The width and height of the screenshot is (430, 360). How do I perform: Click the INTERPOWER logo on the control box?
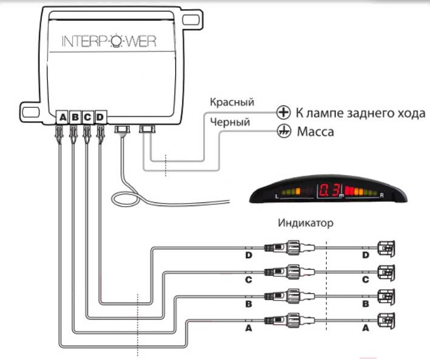point(109,42)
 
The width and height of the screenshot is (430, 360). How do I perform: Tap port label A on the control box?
point(63,117)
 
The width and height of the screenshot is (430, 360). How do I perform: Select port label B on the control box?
point(75,117)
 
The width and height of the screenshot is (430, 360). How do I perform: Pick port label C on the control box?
point(87,117)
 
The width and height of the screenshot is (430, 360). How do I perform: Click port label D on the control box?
point(100,117)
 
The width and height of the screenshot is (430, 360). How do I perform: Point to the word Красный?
point(232,102)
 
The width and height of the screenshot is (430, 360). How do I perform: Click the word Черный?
point(230,122)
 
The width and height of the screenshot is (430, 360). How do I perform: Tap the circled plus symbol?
point(283,112)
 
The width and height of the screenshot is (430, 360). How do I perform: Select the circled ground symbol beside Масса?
point(284,132)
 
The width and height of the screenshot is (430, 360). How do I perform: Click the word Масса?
point(315,132)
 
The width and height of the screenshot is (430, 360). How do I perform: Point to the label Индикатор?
point(306,222)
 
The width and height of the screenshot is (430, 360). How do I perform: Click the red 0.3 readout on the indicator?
point(331,190)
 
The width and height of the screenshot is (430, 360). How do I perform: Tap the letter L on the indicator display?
point(277,196)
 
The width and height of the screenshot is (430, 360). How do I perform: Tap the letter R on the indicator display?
point(381,196)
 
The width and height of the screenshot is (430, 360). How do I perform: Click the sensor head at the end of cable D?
point(386,248)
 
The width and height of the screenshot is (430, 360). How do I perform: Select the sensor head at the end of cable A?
point(386,320)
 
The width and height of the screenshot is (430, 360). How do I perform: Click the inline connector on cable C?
point(289,272)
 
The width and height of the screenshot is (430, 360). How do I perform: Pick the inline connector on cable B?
point(289,296)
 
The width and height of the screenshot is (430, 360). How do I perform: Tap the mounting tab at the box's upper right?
point(193,20)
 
